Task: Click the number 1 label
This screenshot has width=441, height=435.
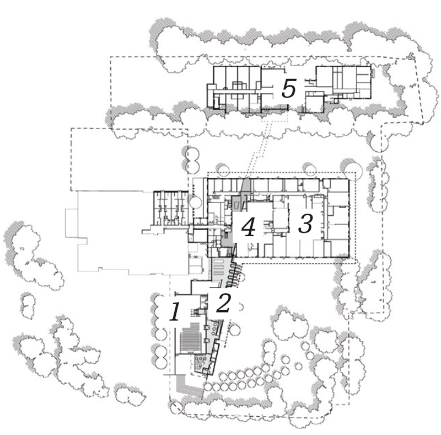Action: (175, 312)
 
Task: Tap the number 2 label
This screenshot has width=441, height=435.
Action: (224, 303)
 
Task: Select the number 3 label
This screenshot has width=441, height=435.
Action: (306, 223)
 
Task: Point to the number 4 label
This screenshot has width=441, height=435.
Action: (249, 227)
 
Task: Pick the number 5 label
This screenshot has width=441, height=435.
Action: (289, 88)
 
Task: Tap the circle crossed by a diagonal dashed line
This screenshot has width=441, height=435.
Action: (176, 407)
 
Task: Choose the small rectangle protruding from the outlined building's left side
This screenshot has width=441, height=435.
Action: (72, 223)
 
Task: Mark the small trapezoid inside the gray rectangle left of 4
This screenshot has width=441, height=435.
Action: (237, 206)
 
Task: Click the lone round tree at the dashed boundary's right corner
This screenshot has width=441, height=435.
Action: (379, 142)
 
